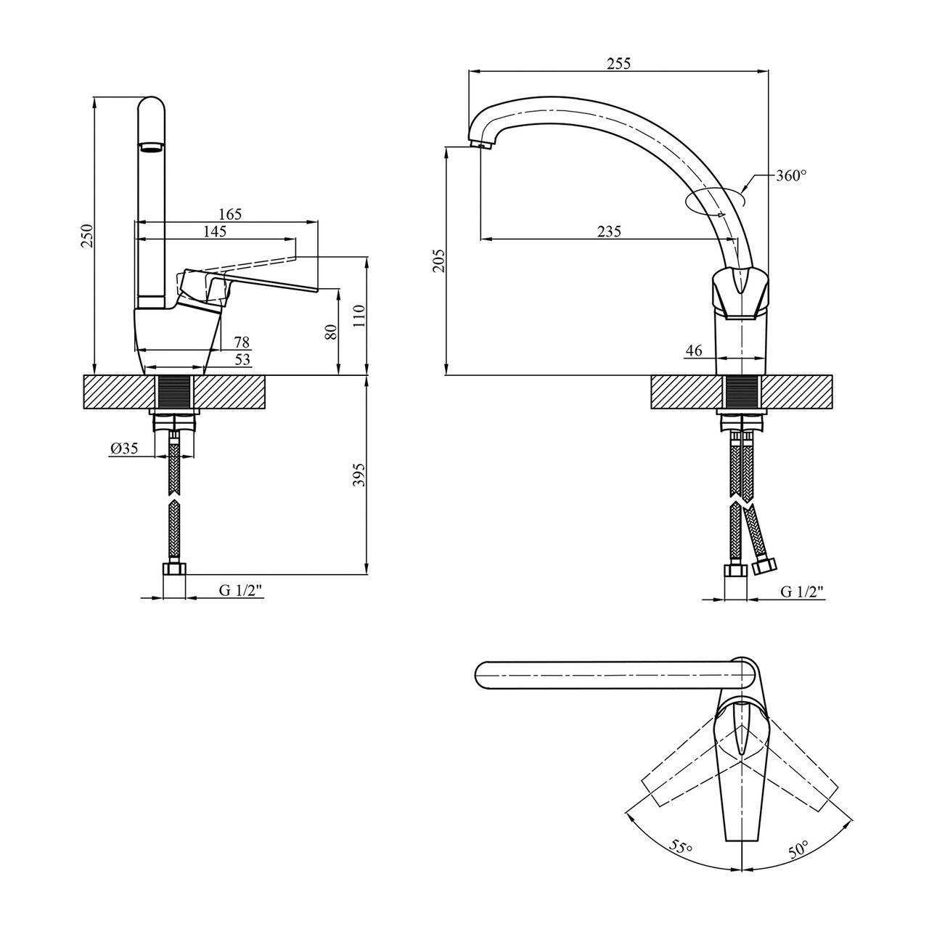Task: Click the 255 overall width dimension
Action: pyautogui.click(x=618, y=63)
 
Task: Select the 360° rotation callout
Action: pyautogui.click(x=791, y=176)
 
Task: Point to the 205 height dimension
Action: pyautogui.click(x=438, y=260)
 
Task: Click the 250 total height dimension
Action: pyautogui.click(x=87, y=235)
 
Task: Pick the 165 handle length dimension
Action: pyautogui.click(x=229, y=214)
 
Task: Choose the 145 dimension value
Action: pyautogui.click(x=215, y=232)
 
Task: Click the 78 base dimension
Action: pyautogui.click(x=242, y=341)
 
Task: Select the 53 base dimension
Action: pyautogui.click(x=242, y=359)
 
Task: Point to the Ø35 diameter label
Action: pyautogui.click(x=124, y=449)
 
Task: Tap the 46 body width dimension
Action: pyautogui.click(x=694, y=351)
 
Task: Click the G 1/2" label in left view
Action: pyautogui.click(x=241, y=592)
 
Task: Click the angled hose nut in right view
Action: pyautogui.click(x=764, y=565)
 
